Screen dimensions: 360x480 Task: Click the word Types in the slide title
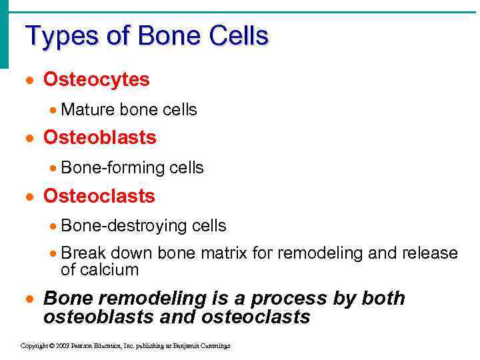coord(57,36)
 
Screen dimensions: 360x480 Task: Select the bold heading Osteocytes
coord(97,80)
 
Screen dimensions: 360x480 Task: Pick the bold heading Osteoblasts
coord(100,138)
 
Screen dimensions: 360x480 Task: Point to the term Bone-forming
coord(113,168)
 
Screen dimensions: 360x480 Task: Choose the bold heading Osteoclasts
coord(99,197)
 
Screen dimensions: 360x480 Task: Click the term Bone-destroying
coord(124,226)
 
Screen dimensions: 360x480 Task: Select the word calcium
coord(109,270)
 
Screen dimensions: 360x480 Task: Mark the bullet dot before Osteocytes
coord(29,81)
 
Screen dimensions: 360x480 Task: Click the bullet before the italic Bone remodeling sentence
coord(29,299)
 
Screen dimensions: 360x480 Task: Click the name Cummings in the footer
coord(215,347)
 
